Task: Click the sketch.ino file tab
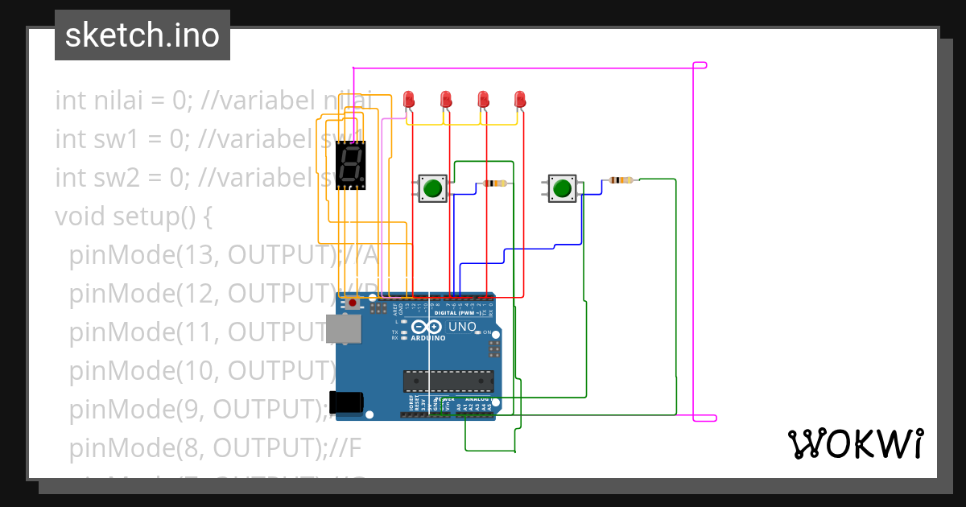click(x=142, y=35)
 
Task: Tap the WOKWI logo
click(x=854, y=443)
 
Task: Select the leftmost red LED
click(x=409, y=99)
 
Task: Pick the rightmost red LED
click(x=520, y=99)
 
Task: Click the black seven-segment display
click(x=350, y=165)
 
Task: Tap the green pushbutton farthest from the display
click(x=563, y=188)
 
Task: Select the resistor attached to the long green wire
click(x=621, y=180)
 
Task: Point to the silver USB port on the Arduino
click(x=341, y=329)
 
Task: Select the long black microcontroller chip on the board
click(x=448, y=381)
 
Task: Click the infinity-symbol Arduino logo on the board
click(x=427, y=327)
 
